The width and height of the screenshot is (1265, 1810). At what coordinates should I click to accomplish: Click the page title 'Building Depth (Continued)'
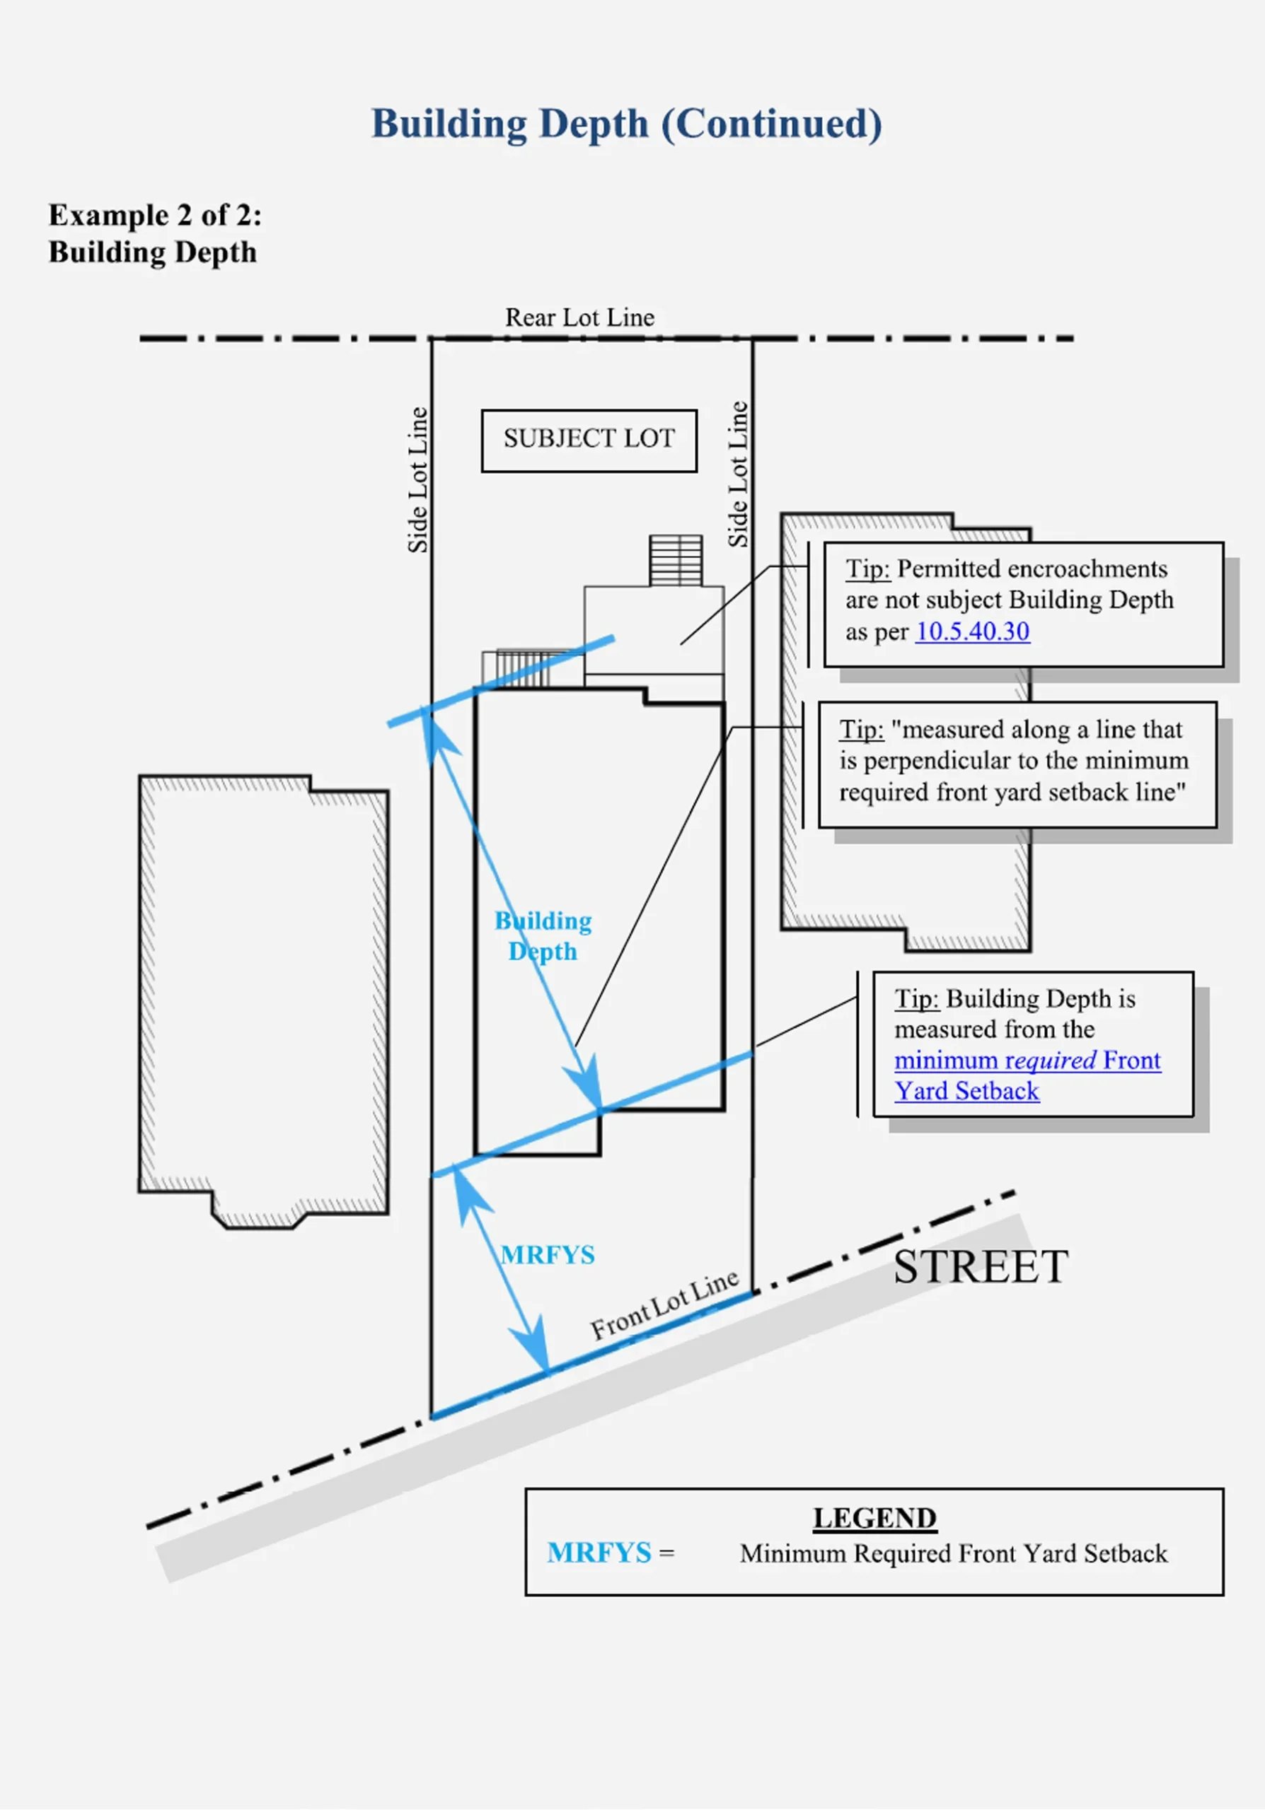coord(627,124)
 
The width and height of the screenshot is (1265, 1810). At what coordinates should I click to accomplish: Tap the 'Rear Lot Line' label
coord(579,317)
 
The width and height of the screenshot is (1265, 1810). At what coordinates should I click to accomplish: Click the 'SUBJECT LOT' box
coord(589,440)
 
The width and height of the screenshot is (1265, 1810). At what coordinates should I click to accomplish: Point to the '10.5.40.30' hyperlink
coord(972,631)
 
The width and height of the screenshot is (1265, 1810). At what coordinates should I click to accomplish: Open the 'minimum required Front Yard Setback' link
coord(1027,1075)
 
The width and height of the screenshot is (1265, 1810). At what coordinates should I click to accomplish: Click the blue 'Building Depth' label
coord(543,935)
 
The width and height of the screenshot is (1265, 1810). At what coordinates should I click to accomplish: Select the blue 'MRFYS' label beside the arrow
coord(548,1254)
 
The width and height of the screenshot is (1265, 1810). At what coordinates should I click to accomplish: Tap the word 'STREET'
coord(981,1267)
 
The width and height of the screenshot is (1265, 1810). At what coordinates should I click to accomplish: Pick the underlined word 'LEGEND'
coord(874,1517)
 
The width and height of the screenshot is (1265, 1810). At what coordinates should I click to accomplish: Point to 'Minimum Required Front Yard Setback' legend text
coord(954,1553)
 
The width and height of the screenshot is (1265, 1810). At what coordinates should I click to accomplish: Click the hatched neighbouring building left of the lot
coord(262,1001)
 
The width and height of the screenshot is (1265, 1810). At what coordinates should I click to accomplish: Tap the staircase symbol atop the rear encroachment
coord(676,561)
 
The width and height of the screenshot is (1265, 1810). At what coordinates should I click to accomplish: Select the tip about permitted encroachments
coord(1024,604)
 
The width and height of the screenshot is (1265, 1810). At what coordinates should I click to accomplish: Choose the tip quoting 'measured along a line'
coord(1017,765)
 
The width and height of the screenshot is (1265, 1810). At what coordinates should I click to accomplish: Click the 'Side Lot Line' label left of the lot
coord(417,480)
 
